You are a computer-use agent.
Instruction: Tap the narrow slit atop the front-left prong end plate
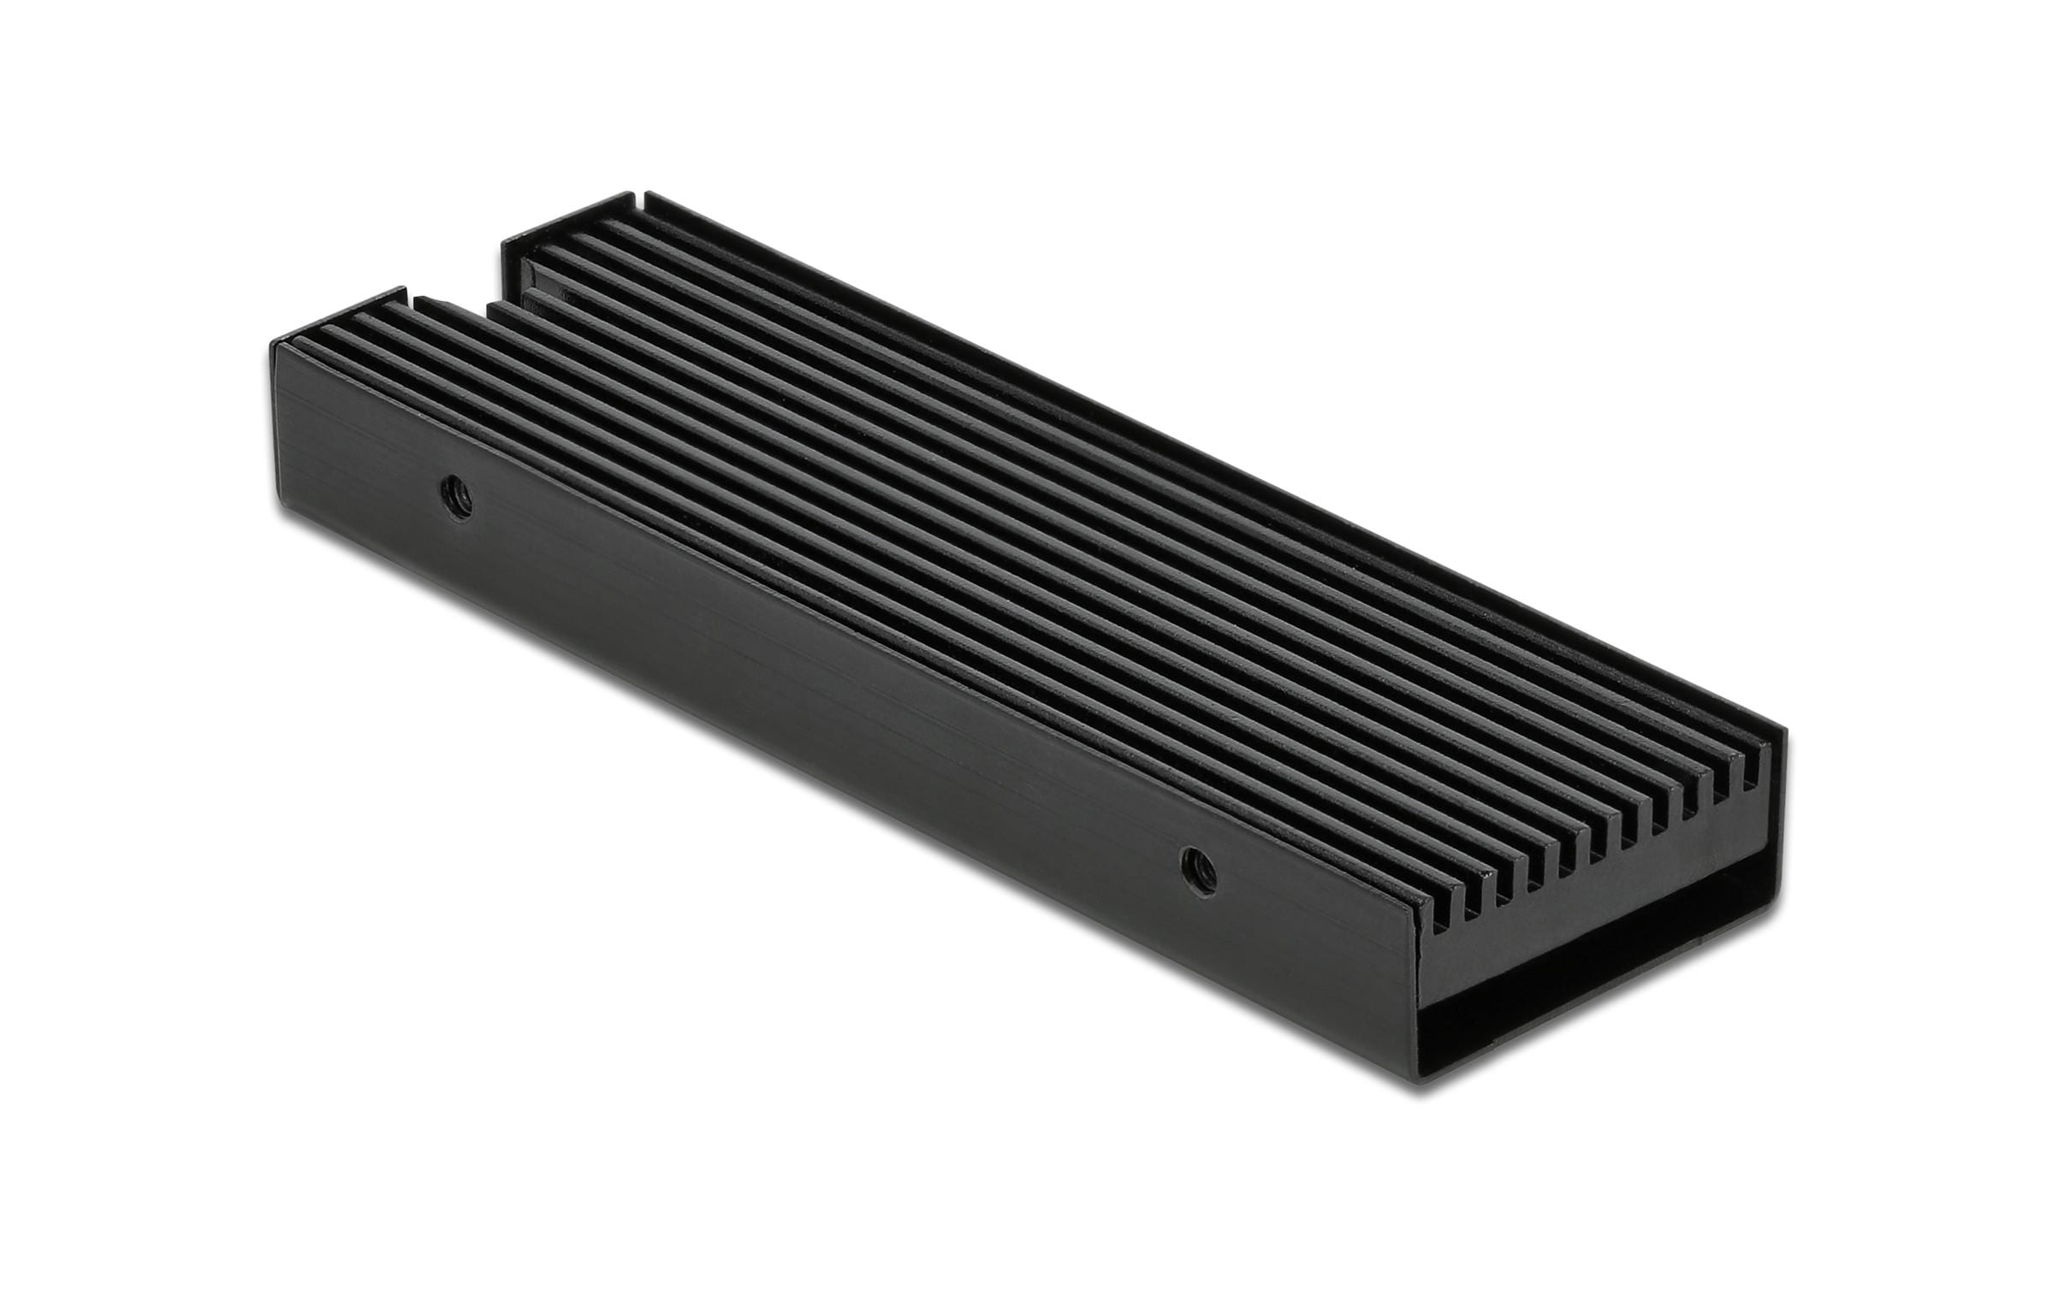pyautogui.click(x=417, y=300)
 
